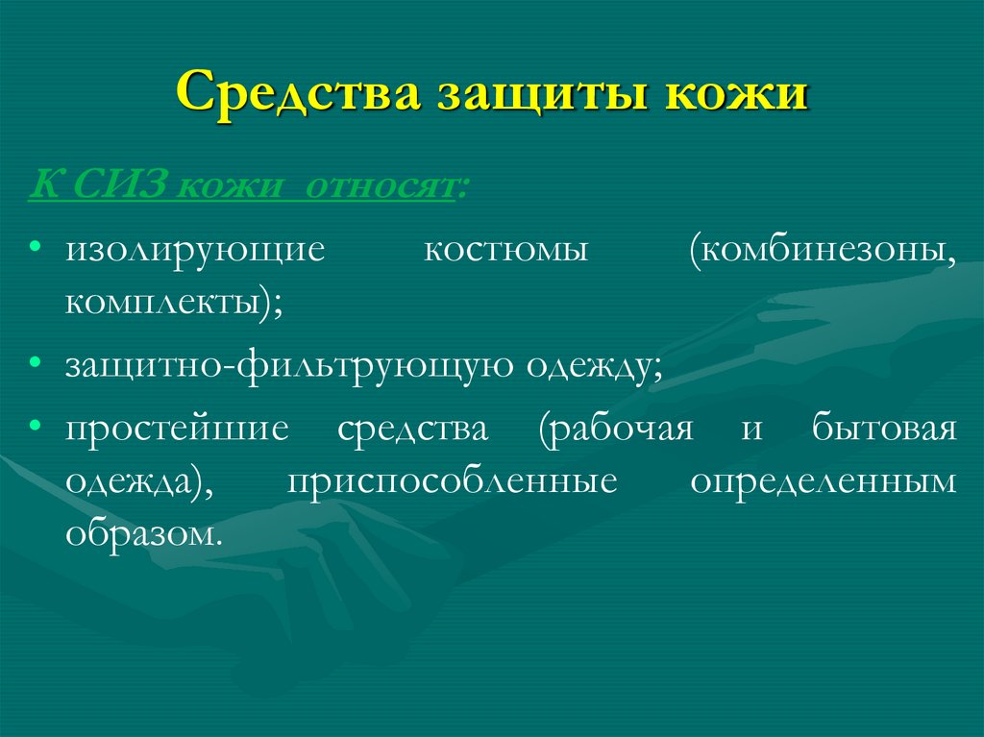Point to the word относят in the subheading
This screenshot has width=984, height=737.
(x=383, y=183)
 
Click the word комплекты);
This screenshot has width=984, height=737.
(x=174, y=305)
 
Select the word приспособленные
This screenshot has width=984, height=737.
(x=453, y=481)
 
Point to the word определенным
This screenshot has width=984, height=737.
(x=824, y=481)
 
